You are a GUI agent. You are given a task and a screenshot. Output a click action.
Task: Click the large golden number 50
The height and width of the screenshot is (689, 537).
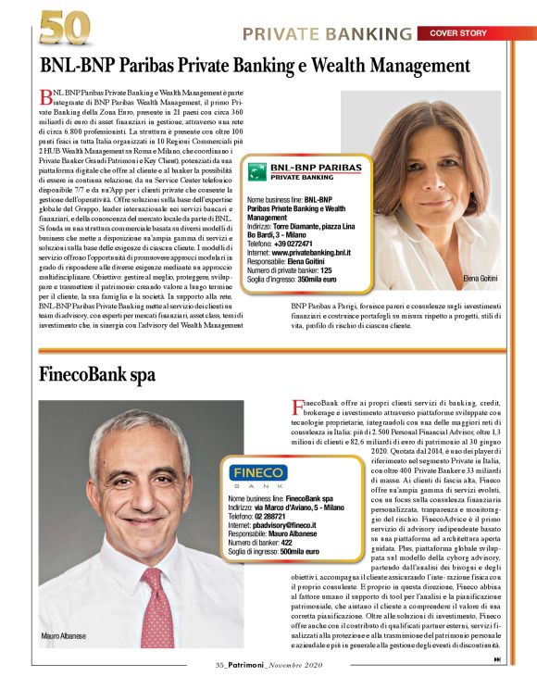pyautogui.click(x=64, y=28)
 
